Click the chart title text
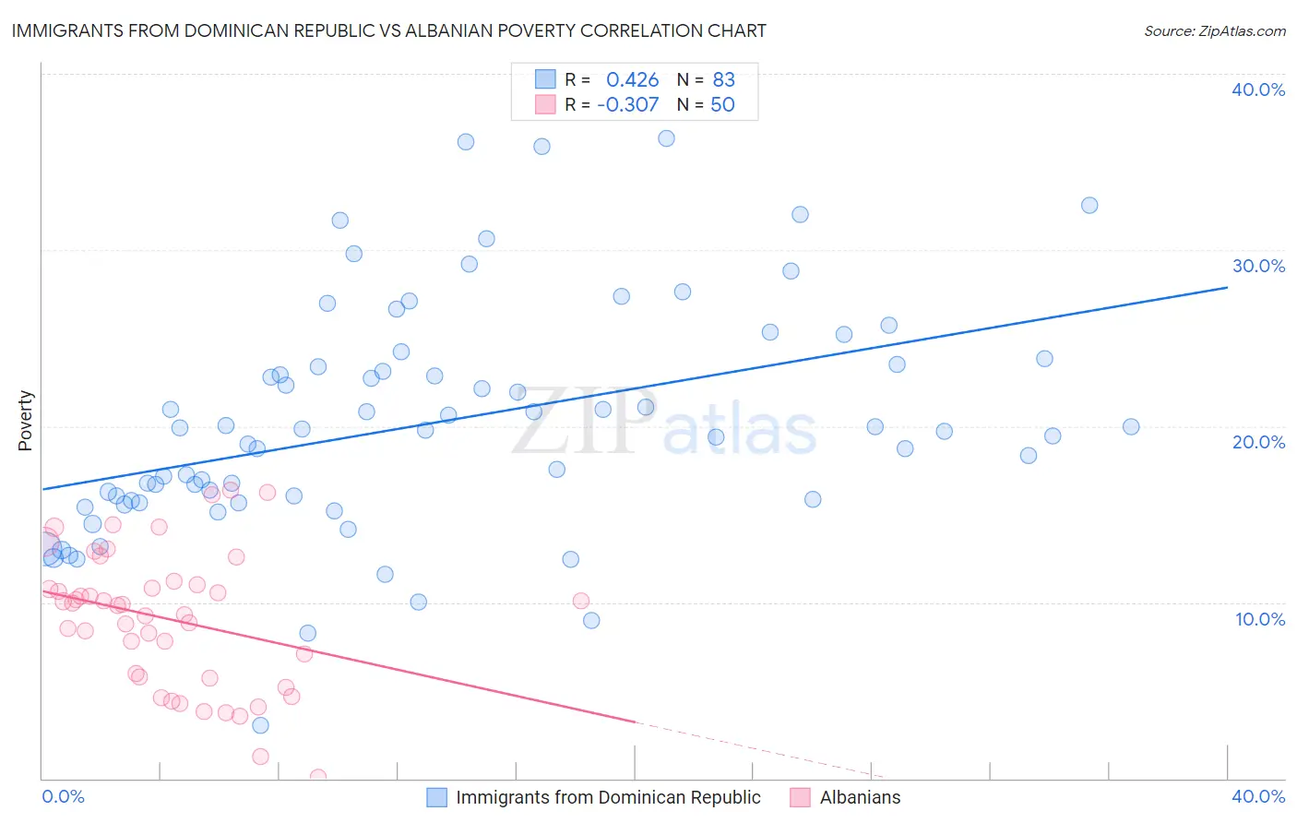pyautogui.click(x=388, y=30)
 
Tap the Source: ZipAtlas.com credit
pyautogui.click(x=1214, y=31)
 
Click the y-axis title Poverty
pyautogui.click(x=26, y=421)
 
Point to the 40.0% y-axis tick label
pyautogui.click(x=1258, y=89)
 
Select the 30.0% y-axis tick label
pyautogui.click(x=1258, y=266)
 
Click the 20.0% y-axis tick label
pyautogui.click(x=1258, y=442)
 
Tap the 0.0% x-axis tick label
pyautogui.click(x=63, y=796)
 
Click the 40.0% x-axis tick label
pyautogui.click(x=1258, y=796)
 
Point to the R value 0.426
pyautogui.click(x=632, y=80)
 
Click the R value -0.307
pyautogui.click(x=628, y=105)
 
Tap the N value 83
pyautogui.click(x=723, y=80)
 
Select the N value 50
pyautogui.click(x=722, y=105)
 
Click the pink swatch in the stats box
pyautogui.click(x=545, y=105)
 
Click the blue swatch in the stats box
pyautogui.click(x=545, y=80)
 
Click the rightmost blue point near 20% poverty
pyautogui.click(x=1131, y=426)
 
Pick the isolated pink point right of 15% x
pyautogui.click(x=581, y=601)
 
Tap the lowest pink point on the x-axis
pyautogui.click(x=317, y=777)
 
